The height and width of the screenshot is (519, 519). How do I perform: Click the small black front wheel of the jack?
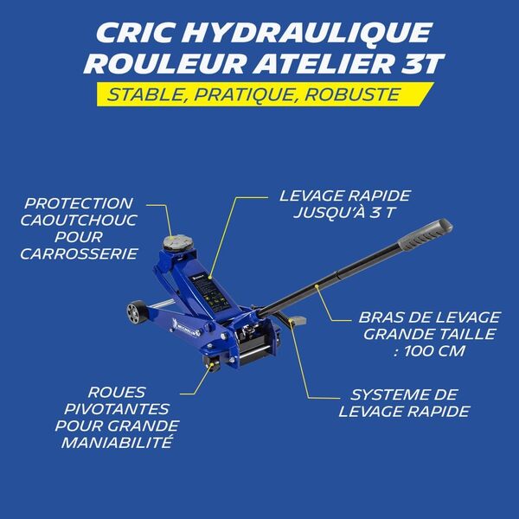coord(134,312)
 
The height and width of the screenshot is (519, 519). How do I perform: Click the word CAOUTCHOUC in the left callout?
coord(79,220)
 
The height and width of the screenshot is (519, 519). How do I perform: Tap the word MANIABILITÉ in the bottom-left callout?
coord(117,442)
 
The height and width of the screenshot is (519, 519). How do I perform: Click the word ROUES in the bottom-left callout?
coord(116,392)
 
